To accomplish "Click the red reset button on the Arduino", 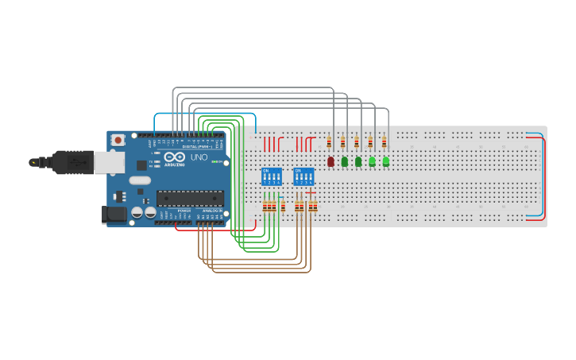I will coord(118,140).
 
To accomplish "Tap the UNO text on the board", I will coord(199,157).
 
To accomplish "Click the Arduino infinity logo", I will coord(176,158).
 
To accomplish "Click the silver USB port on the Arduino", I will coord(109,162).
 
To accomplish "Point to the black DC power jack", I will coord(114,214).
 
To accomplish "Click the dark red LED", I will coord(331,161).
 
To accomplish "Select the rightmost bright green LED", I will coord(385,161).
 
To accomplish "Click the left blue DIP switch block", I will coord(271,176).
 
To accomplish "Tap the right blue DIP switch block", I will coord(303,176).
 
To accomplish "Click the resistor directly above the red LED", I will coord(329,142).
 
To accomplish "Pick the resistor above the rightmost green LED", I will coord(384,142).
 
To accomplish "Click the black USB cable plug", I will coord(72,162).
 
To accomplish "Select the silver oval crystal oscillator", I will coord(140,180).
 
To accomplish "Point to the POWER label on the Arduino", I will coord(184,211).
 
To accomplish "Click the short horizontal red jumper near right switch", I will coord(311,192).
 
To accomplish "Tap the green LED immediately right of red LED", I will coord(344,161).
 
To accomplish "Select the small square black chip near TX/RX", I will coord(141,165).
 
